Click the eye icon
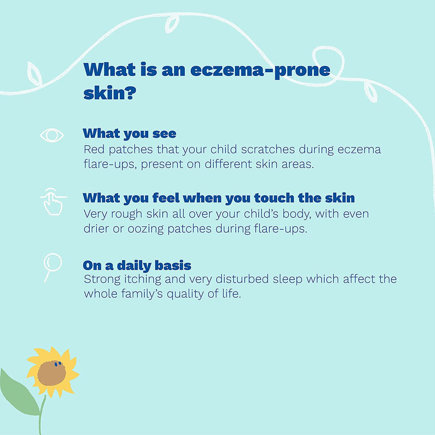coord(52,136)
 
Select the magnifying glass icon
coord(52,266)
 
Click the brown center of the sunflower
coord(51,373)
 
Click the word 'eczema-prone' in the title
coord(260,70)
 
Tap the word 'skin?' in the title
coord(110,93)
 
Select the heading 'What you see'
coord(130,134)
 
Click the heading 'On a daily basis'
coord(137,266)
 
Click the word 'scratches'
coord(268,150)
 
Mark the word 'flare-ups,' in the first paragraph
coord(110,164)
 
